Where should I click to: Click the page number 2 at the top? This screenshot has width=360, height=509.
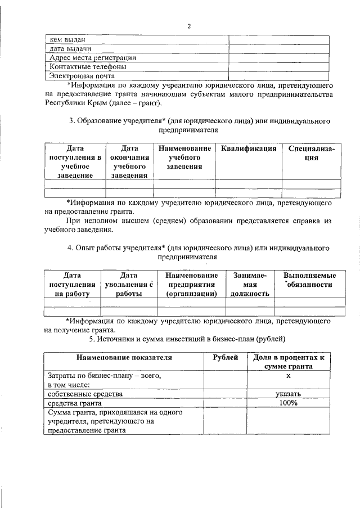pyautogui.click(x=189, y=26)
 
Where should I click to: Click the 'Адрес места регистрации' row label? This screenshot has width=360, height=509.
pyautogui.click(x=93, y=57)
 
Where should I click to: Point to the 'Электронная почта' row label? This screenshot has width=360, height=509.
pyautogui.click(x=83, y=75)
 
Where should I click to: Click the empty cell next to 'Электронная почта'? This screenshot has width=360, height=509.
pyautogui.click(x=278, y=75)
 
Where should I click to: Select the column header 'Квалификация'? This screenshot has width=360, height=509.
pyautogui.click(x=249, y=148)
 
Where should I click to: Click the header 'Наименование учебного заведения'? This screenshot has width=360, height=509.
pyautogui.click(x=184, y=157)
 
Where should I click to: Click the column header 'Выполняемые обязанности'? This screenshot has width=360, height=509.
pyautogui.click(x=309, y=280)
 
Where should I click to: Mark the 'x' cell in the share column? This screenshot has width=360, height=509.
pyautogui.click(x=288, y=375)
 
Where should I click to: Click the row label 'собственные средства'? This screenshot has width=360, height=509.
pyautogui.click(x=83, y=394)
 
